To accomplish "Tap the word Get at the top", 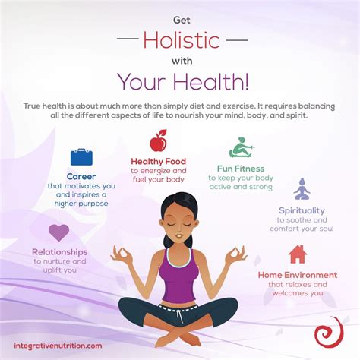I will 180,14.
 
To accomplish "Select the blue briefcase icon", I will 81,157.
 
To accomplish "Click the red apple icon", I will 159,141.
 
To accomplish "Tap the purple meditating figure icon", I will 302,188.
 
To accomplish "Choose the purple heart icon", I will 59,232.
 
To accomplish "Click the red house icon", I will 298,254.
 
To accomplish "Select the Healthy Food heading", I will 159,161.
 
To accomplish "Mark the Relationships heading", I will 59,251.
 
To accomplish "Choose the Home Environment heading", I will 298,274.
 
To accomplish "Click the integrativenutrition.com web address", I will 58,346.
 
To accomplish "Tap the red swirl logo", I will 327,333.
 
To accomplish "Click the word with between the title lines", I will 180,58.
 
